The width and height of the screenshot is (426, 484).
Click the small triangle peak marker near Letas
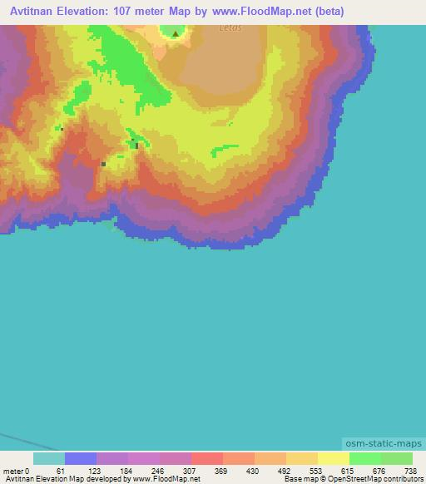point(175,34)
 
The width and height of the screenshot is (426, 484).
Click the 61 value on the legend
point(61,471)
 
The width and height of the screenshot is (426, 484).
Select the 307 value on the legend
point(188,471)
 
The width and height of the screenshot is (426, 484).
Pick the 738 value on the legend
point(410,471)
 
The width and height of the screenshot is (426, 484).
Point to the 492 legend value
point(284,471)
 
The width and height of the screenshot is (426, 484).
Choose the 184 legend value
point(125,471)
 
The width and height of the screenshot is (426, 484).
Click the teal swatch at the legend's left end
point(49,458)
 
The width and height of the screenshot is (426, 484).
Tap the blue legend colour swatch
point(81,458)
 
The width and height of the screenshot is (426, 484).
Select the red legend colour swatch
point(207,458)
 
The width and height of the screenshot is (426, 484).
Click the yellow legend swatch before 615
point(334,458)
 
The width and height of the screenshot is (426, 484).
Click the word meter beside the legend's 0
point(12,471)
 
